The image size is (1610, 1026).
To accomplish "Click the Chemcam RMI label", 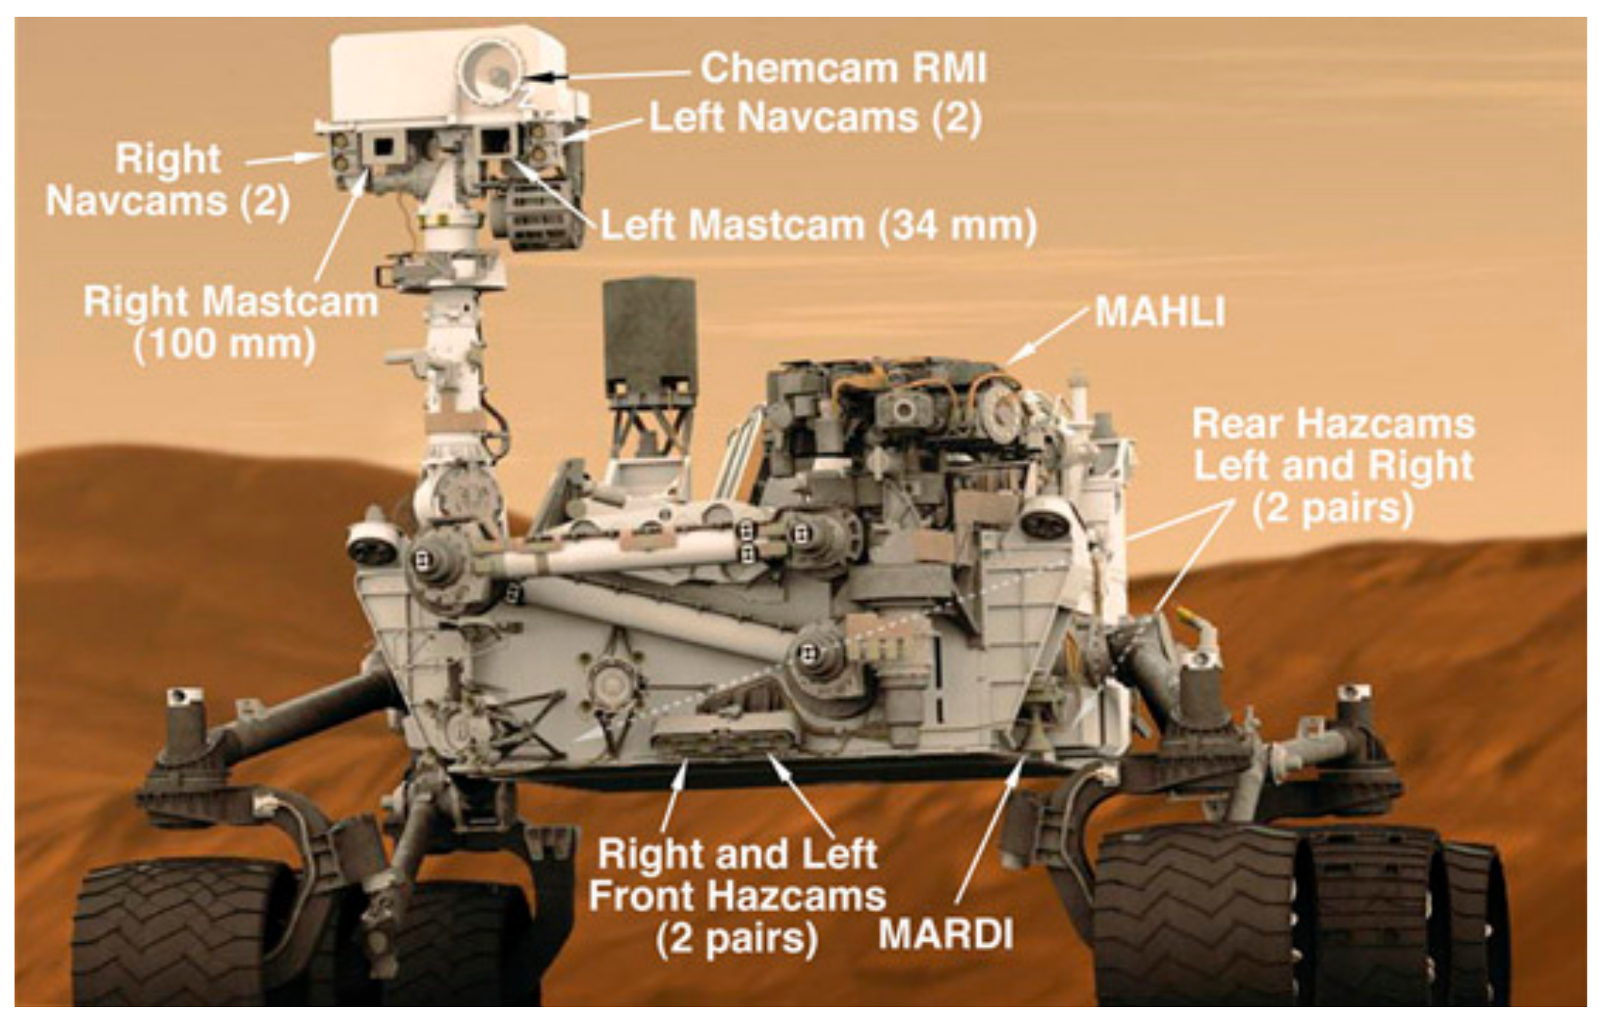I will [x=844, y=69].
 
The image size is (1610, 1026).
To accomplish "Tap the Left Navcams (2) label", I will [x=814, y=118].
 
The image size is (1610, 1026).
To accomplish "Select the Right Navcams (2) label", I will [x=168, y=179].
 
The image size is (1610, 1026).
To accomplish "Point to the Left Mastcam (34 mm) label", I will [x=818, y=226].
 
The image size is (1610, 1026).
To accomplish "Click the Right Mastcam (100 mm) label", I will [x=230, y=322].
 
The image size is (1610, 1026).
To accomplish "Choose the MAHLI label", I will [x=1160, y=312].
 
